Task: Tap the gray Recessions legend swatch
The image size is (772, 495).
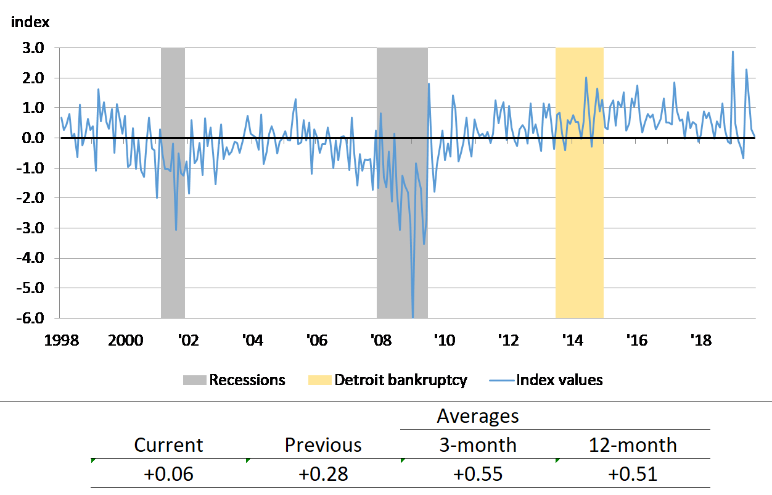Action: tap(194, 380)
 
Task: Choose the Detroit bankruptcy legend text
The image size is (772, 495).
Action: tap(401, 380)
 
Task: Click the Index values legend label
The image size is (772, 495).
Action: tap(559, 380)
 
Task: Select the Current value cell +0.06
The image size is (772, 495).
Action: tap(168, 474)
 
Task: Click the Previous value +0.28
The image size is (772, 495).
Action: tap(323, 474)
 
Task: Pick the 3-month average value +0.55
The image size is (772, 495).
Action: tap(478, 474)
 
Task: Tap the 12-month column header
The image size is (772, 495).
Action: tap(633, 445)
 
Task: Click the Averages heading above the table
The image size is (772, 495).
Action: tap(478, 417)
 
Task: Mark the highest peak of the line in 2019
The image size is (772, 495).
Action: tap(733, 52)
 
